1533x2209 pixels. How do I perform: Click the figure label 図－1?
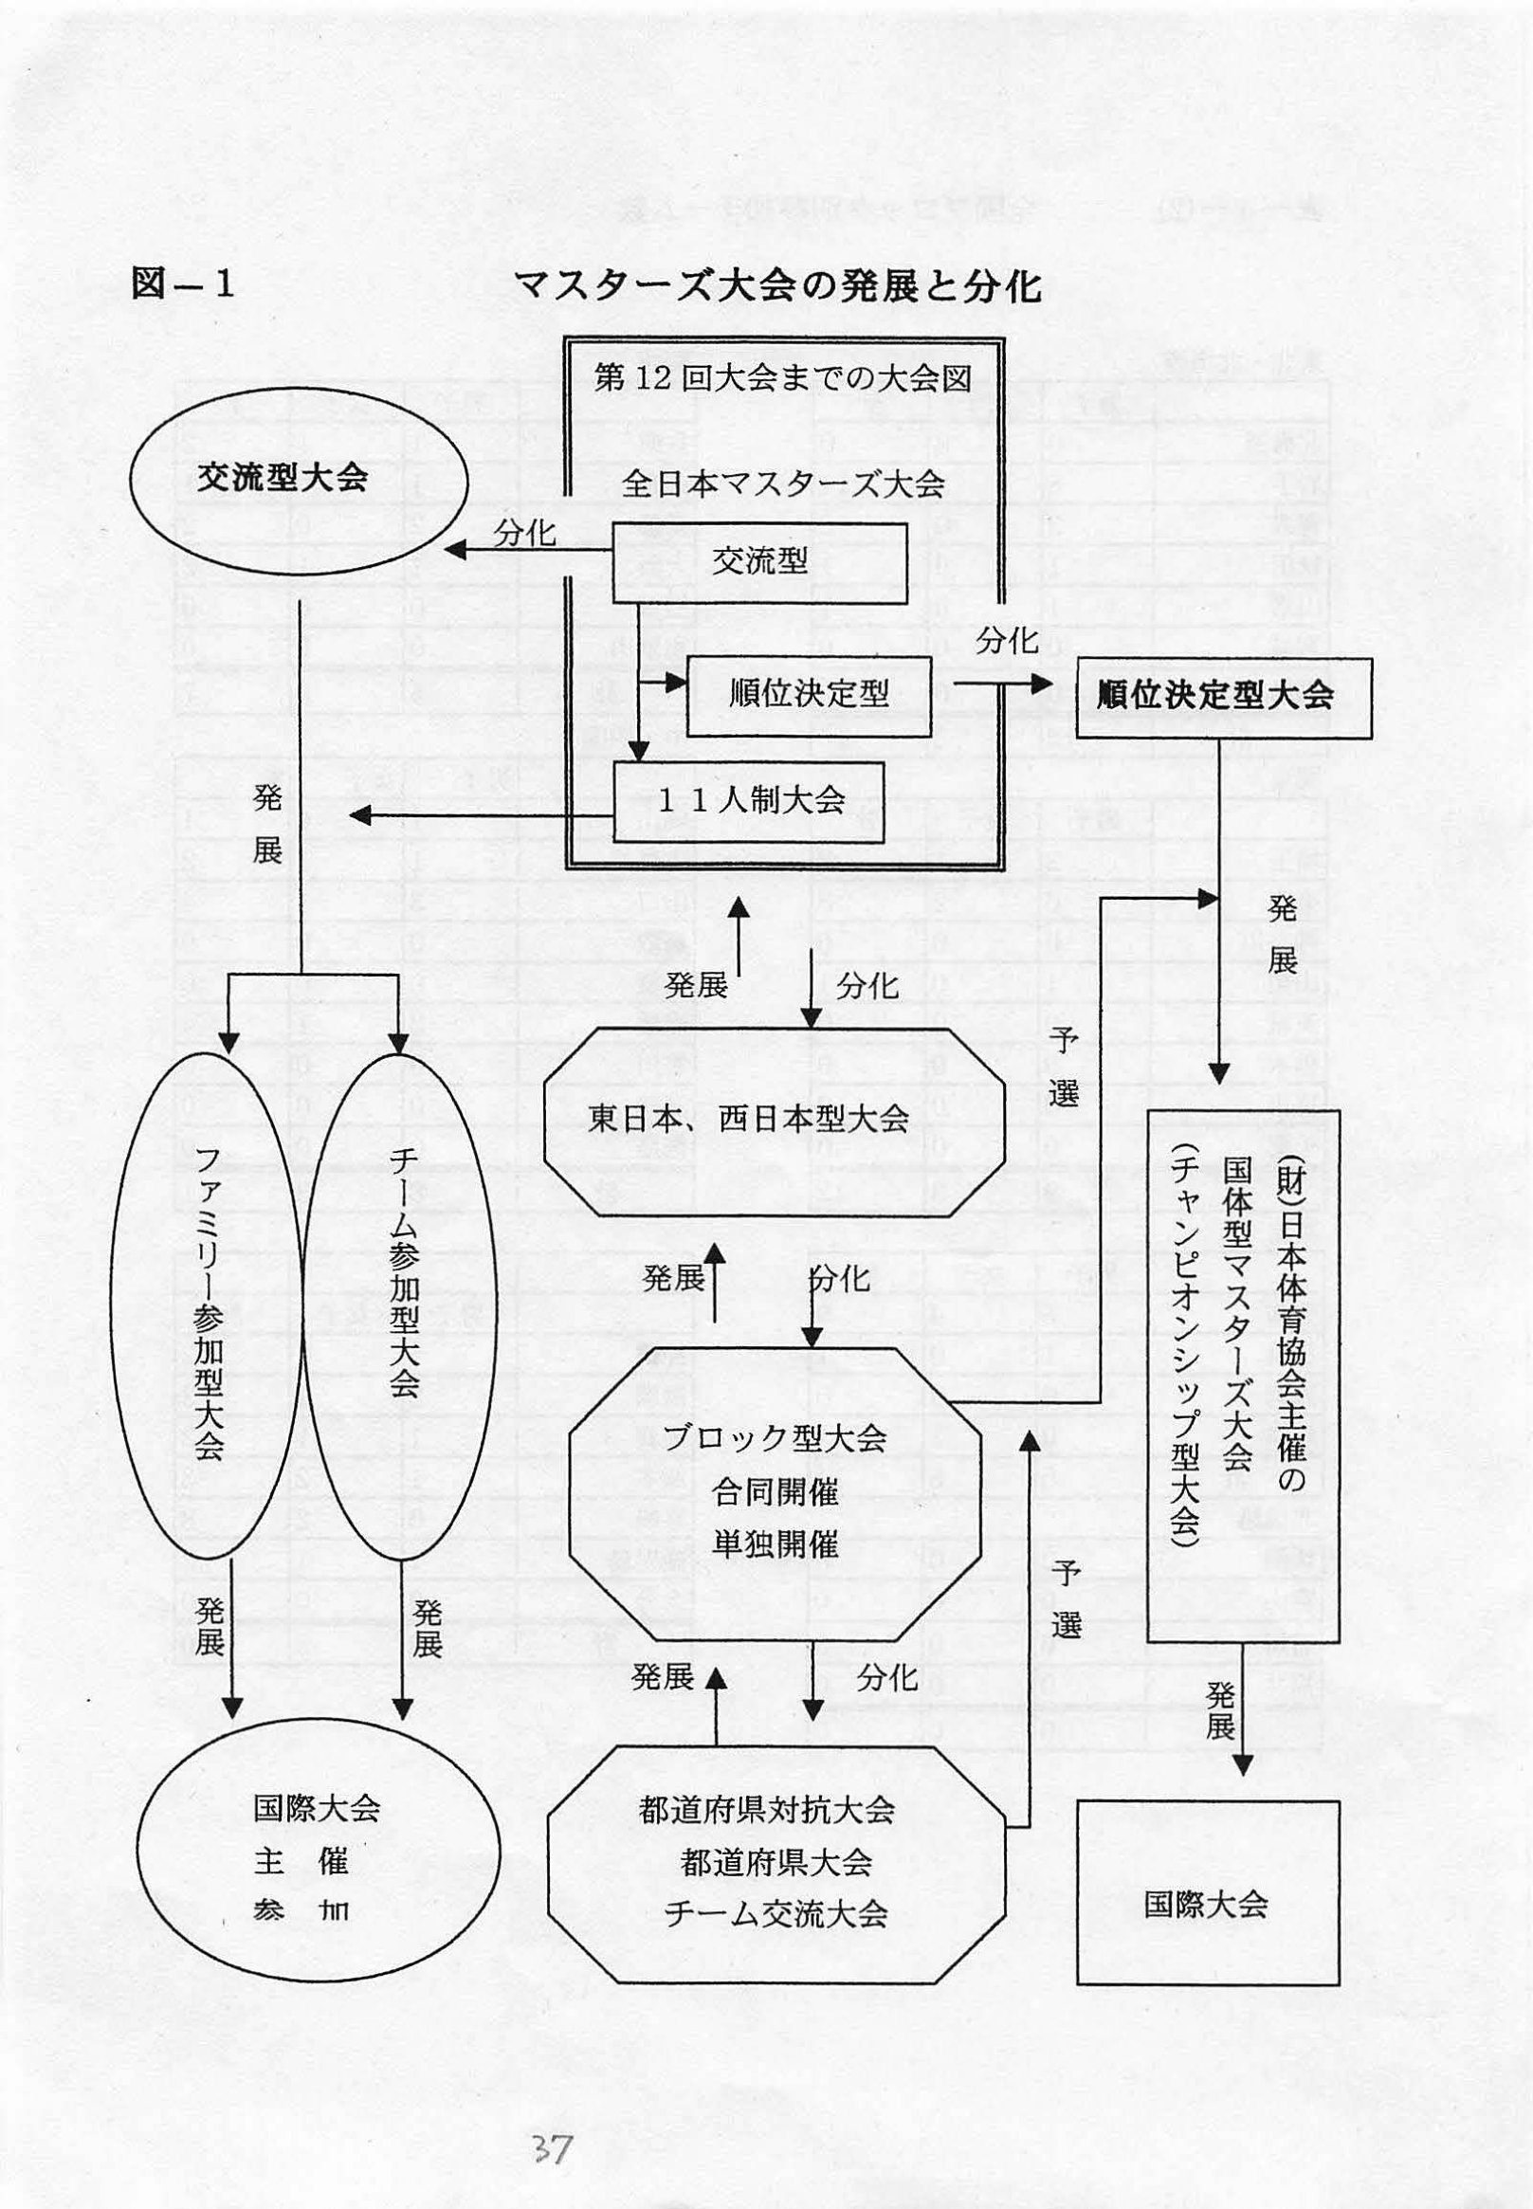coord(184,285)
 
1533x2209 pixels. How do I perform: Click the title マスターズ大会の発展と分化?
coord(777,285)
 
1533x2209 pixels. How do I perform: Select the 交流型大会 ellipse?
coord(283,478)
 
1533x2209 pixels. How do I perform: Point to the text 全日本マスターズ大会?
coord(783,484)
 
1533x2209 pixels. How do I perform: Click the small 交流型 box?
coord(759,562)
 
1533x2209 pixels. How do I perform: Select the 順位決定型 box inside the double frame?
coord(808,693)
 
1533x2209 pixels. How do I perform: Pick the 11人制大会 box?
coord(749,801)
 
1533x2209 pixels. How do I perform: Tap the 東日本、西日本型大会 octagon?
coord(775,1120)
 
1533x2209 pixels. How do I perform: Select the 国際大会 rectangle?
coord(1207,1905)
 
